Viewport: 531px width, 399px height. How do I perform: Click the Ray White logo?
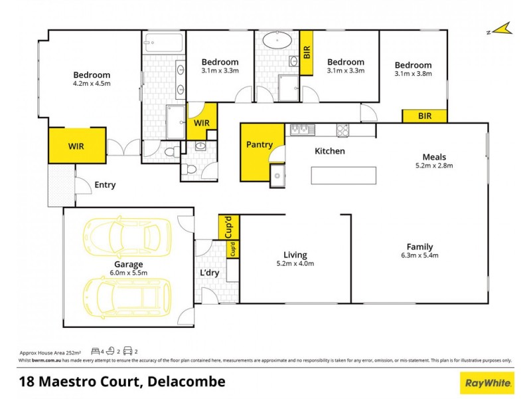pyautogui.click(x=487, y=382)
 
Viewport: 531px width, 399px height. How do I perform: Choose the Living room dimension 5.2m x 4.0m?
pyautogui.click(x=295, y=264)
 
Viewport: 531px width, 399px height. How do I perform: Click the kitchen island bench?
pyautogui.click(x=344, y=176)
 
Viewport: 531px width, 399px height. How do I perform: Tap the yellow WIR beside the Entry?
pyautogui.click(x=77, y=146)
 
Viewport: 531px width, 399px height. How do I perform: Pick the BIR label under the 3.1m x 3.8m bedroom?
pyautogui.click(x=425, y=116)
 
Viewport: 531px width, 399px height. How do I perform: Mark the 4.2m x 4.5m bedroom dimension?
pyautogui.click(x=92, y=84)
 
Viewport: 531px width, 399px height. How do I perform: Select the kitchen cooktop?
pyautogui.click(x=343, y=130)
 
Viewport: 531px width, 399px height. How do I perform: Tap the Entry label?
pyautogui.click(x=105, y=185)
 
